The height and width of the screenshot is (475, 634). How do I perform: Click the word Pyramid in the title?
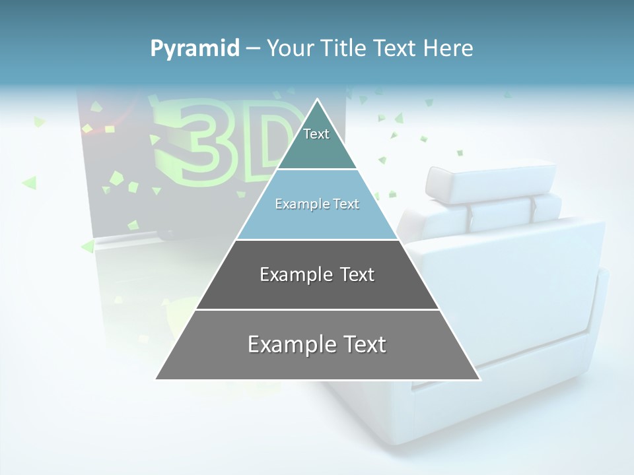pyautogui.click(x=195, y=49)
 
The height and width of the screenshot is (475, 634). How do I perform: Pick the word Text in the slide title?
pyautogui.click(x=398, y=48)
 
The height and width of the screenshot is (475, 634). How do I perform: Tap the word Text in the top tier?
pyautogui.click(x=316, y=134)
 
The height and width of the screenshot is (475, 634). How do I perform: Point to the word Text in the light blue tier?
pyautogui.click(x=346, y=204)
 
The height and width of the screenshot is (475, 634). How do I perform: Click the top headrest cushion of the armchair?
pyautogui.click(x=490, y=181)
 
